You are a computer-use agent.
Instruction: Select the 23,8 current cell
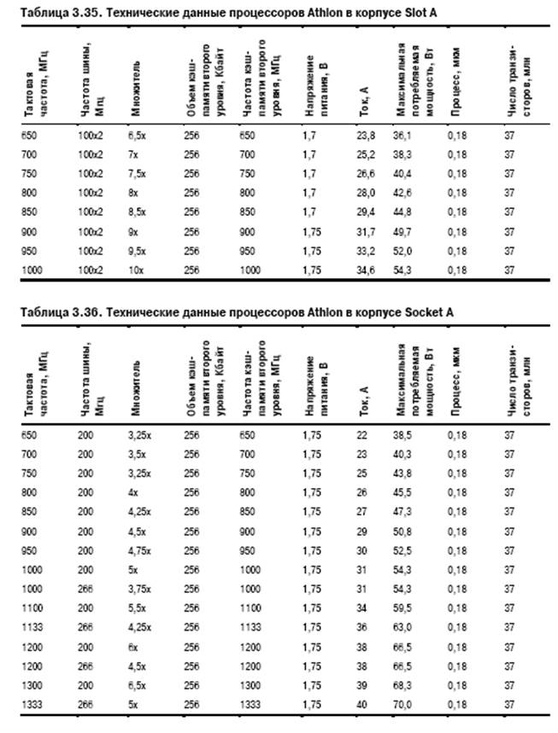pyautogui.click(x=365, y=135)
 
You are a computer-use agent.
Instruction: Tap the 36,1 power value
pyautogui.click(x=403, y=135)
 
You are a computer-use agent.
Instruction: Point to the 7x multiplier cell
pyautogui.click(x=133, y=154)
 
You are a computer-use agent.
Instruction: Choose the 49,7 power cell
pyautogui.click(x=403, y=230)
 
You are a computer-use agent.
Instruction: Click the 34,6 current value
pyautogui.click(x=365, y=269)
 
